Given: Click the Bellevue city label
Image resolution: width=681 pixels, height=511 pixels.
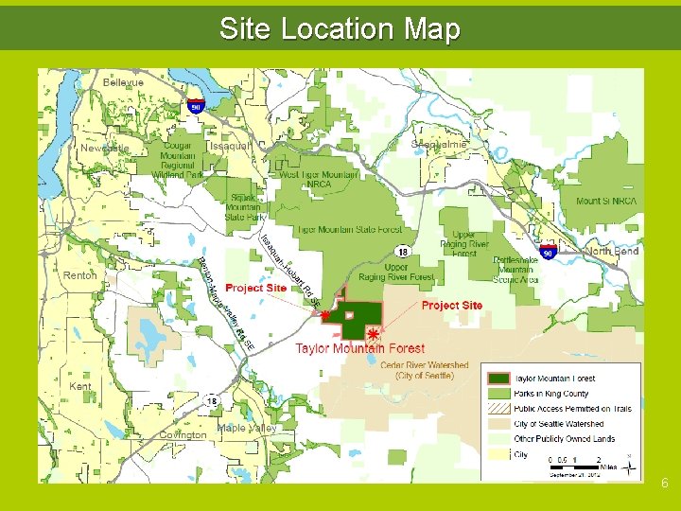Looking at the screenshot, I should [123, 83].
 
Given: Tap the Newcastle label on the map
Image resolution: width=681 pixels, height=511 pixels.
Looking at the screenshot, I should [104, 149].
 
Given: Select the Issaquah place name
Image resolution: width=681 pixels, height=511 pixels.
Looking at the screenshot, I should [230, 147].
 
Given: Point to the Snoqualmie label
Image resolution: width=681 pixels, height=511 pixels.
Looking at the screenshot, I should [439, 145].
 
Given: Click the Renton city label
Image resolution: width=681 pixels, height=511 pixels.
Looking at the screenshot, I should [80, 275].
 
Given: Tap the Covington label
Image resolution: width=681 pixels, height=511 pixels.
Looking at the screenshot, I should [183, 435].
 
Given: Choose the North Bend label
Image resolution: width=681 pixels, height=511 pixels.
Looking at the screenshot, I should [612, 252].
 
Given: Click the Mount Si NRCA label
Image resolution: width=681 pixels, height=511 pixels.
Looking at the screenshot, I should [606, 201].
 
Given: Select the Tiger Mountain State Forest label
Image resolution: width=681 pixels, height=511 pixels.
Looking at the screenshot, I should [349, 229].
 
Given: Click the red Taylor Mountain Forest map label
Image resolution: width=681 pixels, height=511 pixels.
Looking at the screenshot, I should [359, 349].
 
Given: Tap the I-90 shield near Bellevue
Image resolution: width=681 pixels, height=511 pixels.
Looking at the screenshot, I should [196, 105].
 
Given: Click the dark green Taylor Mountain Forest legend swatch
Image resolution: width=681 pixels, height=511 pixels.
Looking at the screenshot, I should [498, 379].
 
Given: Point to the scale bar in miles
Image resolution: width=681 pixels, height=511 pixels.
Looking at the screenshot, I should [576, 463].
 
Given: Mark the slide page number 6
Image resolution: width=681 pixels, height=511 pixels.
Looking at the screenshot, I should [665, 484].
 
